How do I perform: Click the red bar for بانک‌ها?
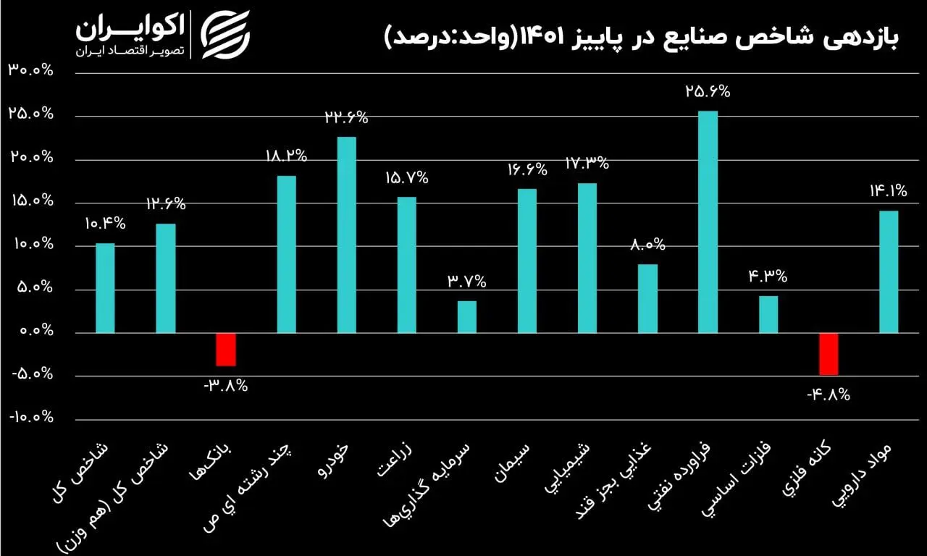tap(226, 350)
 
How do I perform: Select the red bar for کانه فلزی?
tap(829, 354)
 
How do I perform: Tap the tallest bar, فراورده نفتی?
tap(708, 222)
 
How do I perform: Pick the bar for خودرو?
tap(347, 235)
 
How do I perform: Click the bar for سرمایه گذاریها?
tap(467, 317)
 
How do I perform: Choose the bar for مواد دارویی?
tap(889, 271)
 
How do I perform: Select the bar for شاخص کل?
tap(106, 288)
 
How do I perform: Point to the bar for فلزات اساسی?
tap(768, 314)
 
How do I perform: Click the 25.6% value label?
tap(708, 92)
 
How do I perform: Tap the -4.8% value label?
tap(828, 395)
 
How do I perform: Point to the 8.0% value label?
tap(647, 245)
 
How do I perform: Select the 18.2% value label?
tap(285, 156)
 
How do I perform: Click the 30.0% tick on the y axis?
tap(31, 71)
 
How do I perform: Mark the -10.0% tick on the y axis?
tap(31, 418)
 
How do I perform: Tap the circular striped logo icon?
tap(225, 34)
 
